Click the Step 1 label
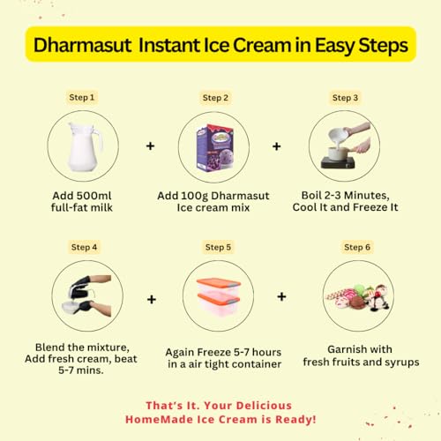[82, 97]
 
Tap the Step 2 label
[215, 98]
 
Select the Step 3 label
[345, 98]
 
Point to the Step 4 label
[84, 247]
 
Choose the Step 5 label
[218, 247]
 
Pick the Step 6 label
[357, 247]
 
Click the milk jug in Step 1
[85, 146]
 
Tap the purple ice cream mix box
[215, 148]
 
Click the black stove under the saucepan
[338, 162]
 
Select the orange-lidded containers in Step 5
[219, 296]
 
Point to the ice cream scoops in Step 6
[359, 297]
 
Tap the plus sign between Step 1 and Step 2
[151, 146]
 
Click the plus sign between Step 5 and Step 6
[281, 296]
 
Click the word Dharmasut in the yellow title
[83, 45]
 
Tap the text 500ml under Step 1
[94, 196]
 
